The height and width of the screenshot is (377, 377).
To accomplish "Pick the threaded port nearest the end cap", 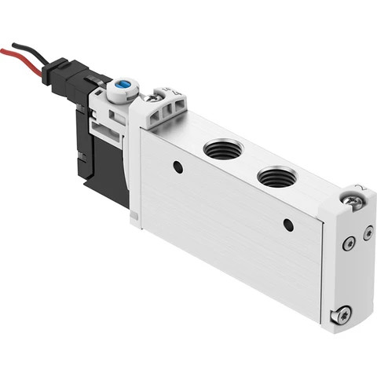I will click(x=277, y=176).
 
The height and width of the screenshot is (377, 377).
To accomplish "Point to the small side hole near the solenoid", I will click(x=178, y=167).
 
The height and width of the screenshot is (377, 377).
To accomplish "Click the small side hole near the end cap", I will click(x=288, y=225).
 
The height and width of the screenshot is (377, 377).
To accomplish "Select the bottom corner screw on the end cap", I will click(x=342, y=313).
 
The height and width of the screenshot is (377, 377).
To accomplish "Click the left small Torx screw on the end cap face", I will click(x=348, y=245).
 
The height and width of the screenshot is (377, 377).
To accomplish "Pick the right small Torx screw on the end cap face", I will click(x=368, y=232).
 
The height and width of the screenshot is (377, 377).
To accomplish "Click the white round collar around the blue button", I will click(x=123, y=88).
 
